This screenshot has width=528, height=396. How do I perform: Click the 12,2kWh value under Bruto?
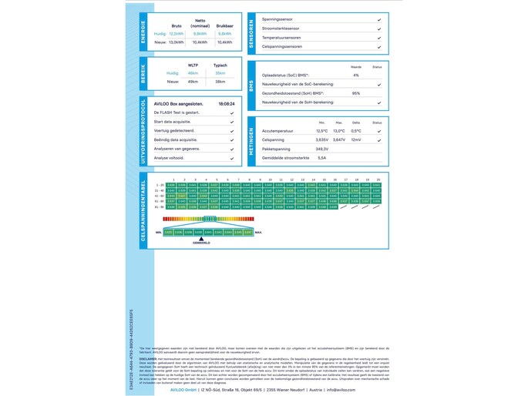click(x=177, y=34)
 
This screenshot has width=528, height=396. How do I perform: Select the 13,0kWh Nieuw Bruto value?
click(x=177, y=42)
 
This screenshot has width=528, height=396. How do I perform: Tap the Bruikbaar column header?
click(x=224, y=25)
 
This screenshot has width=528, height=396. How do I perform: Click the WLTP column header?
click(x=193, y=65)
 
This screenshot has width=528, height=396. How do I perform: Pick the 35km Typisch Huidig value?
click(x=220, y=73)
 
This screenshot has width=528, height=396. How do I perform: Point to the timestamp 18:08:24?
click(x=226, y=102)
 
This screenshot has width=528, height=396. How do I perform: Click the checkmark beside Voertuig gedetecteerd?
click(x=232, y=131)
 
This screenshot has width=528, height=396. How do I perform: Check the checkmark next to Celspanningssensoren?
click(x=379, y=47)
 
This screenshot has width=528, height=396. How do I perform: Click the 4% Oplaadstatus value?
click(x=356, y=76)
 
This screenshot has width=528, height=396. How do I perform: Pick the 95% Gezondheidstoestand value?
click(x=356, y=93)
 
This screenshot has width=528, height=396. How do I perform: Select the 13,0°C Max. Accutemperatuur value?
click(x=339, y=131)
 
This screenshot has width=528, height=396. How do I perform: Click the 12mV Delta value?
click(x=356, y=139)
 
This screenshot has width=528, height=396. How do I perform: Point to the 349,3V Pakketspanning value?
click(x=322, y=149)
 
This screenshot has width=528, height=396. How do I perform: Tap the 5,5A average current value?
click(x=322, y=158)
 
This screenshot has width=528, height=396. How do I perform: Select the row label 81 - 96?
click(x=160, y=206)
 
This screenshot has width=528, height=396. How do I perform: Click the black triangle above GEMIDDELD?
click(x=201, y=239)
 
